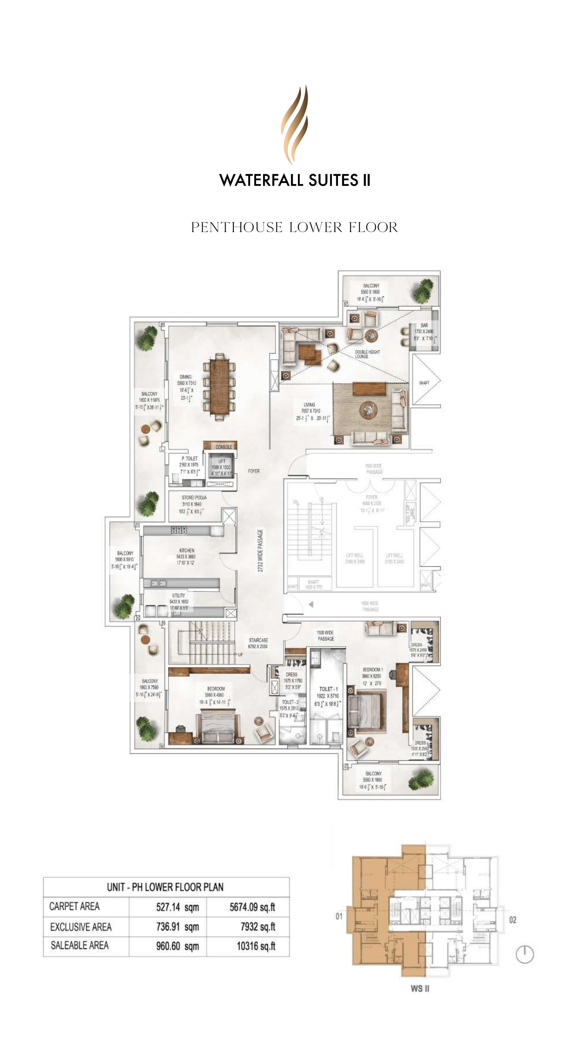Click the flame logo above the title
click(x=294, y=125)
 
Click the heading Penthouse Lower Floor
click(x=294, y=227)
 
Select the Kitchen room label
click(x=186, y=550)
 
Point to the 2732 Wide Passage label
click(x=260, y=550)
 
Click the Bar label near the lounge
click(x=424, y=325)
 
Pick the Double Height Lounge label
click(x=367, y=354)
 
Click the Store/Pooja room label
click(x=194, y=497)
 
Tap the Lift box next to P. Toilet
click(x=221, y=467)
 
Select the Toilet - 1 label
click(x=328, y=689)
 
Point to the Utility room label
click(x=179, y=595)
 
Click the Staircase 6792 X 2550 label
click(x=258, y=643)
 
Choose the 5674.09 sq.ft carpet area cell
click(x=252, y=907)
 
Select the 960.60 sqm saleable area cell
click(x=177, y=946)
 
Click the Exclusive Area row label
click(x=81, y=927)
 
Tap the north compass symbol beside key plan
click(x=524, y=954)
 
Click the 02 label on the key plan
click(x=513, y=920)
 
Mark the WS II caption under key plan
click(x=420, y=988)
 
